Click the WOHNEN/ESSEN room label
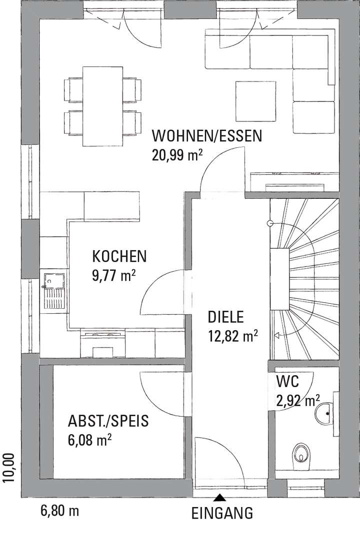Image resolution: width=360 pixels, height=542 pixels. point(207,136)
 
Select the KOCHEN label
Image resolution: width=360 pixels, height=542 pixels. point(119,257)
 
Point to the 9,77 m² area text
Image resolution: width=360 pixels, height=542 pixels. point(114,276)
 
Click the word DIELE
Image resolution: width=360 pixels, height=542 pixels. point(225,317)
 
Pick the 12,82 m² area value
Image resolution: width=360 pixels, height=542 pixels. point(232,336)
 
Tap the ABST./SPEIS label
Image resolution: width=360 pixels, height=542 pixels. point(108,421)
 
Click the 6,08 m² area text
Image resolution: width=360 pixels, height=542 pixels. point(89,440)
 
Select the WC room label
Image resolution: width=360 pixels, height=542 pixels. point(287,382)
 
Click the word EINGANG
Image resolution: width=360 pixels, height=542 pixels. point(222,513)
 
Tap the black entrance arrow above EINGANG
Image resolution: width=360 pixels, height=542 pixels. point(218,497)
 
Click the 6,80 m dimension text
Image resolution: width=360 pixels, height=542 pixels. point(59,511)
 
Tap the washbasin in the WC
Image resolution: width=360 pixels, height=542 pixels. point(325,414)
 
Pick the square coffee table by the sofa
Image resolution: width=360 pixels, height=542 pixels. point(256,101)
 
